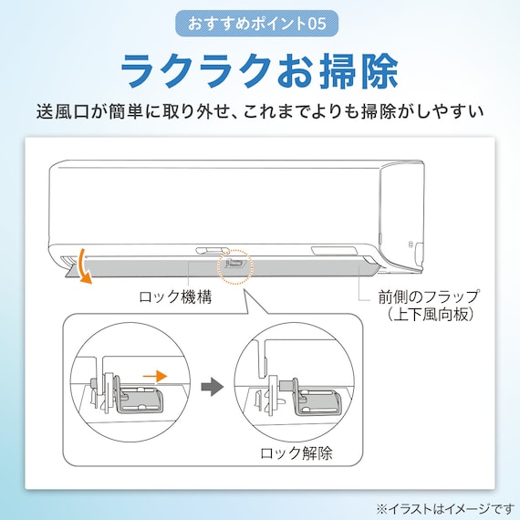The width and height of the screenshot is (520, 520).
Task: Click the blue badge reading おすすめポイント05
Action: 260,23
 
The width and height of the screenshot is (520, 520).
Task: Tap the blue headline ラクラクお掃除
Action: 260,70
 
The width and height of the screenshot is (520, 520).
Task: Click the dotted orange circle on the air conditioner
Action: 234,264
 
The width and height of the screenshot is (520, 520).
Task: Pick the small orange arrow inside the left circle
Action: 157,374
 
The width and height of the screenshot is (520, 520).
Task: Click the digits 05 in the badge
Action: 328,23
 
